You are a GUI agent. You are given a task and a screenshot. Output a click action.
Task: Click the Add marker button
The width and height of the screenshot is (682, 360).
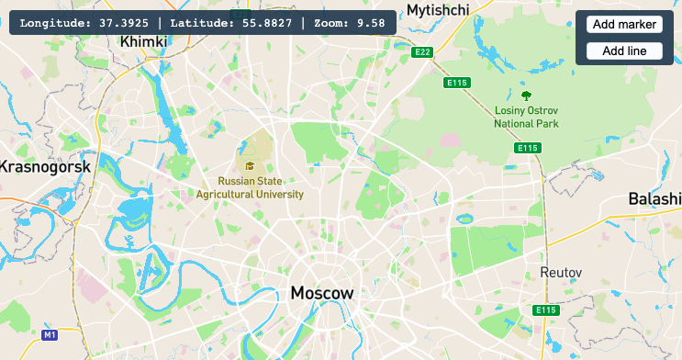(x=624, y=24)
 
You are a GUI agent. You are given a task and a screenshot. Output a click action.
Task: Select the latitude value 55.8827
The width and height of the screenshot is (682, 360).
(x=267, y=22)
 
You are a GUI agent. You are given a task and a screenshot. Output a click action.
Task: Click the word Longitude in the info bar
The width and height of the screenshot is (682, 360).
(x=54, y=22)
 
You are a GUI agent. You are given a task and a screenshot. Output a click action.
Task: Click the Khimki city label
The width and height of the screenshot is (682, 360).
(x=143, y=41)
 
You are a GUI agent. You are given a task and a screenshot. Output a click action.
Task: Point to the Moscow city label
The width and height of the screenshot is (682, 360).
(x=321, y=294)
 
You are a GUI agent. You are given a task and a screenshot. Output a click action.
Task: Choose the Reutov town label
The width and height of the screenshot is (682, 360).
(x=562, y=274)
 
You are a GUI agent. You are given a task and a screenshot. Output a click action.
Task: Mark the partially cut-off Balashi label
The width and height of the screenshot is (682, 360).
(x=654, y=199)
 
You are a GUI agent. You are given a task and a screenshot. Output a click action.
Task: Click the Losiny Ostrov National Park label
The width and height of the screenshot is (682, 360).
(x=526, y=117)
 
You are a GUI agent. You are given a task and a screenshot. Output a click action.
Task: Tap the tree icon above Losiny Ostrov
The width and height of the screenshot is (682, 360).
(x=526, y=95)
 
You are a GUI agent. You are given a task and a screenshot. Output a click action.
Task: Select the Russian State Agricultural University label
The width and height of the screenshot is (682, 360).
(x=250, y=188)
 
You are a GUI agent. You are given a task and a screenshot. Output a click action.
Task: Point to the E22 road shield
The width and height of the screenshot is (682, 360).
(x=422, y=52)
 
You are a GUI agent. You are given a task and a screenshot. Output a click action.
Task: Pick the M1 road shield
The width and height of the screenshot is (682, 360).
(x=50, y=335)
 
